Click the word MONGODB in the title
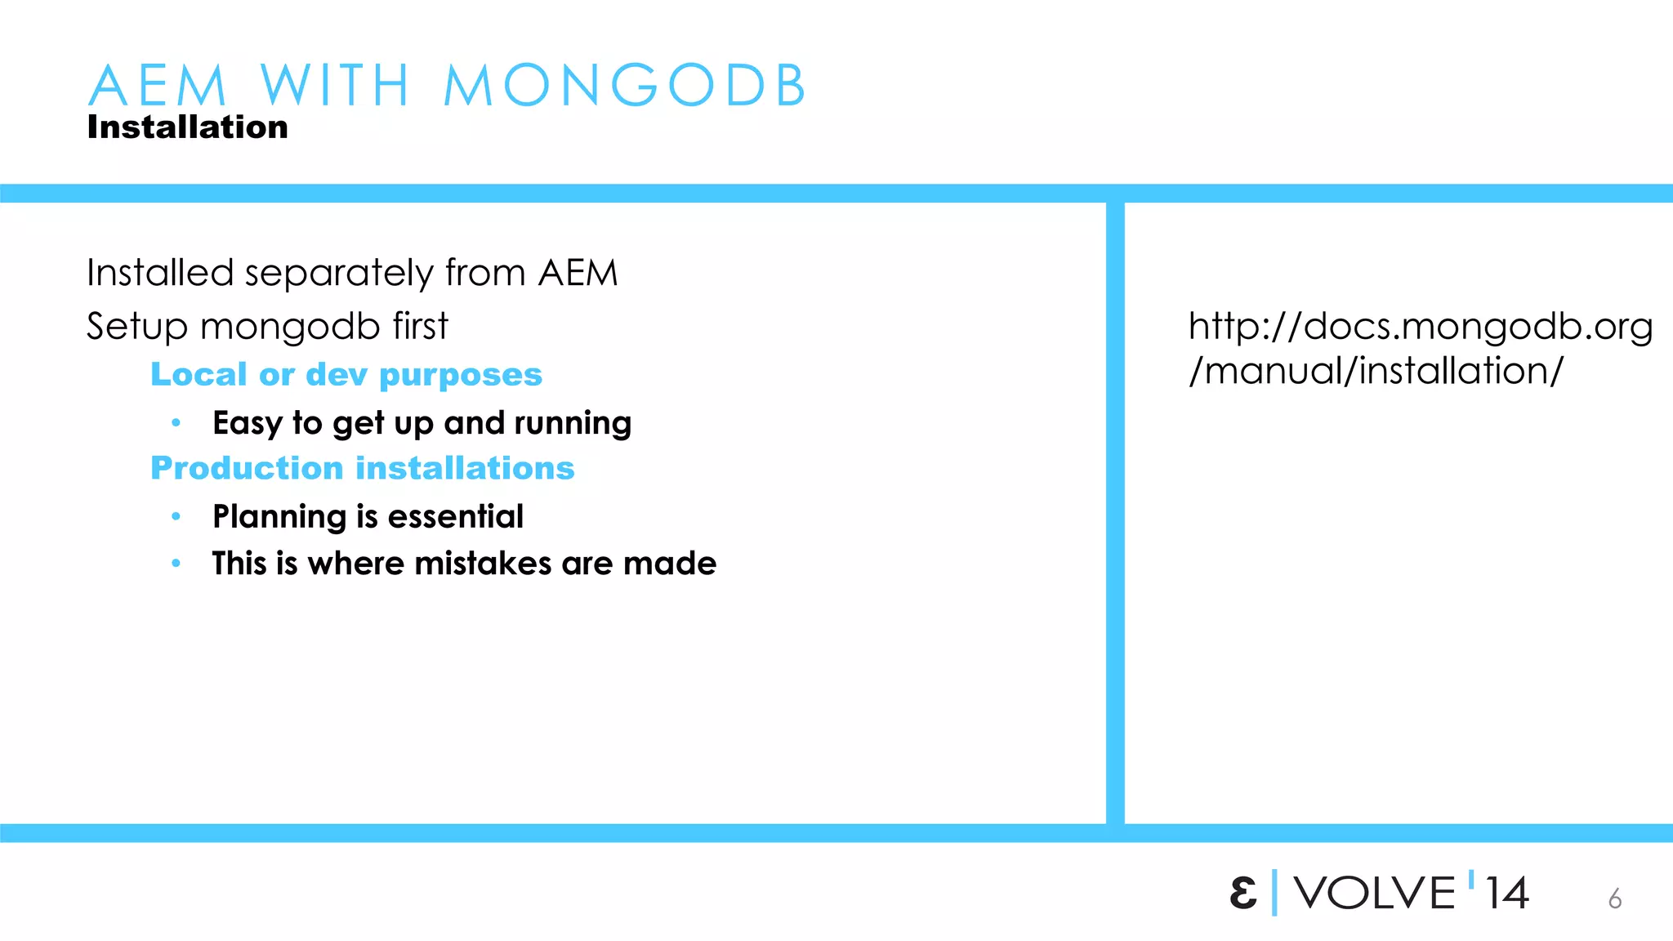pos(625,85)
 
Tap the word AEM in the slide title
pos(158,85)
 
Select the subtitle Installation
pos(187,127)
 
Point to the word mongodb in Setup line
pos(290,327)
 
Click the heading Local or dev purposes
pos(346,375)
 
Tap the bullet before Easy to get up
pos(176,423)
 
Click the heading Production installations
pos(363,469)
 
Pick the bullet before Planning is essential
pos(176,516)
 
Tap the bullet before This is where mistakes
pos(176,564)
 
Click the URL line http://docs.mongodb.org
pos(1420,327)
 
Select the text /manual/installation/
pos(1376,372)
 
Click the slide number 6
pos(1615,899)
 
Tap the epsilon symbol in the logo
pos(1243,893)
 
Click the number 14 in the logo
pos(1507,893)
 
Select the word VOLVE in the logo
pos(1375,893)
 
